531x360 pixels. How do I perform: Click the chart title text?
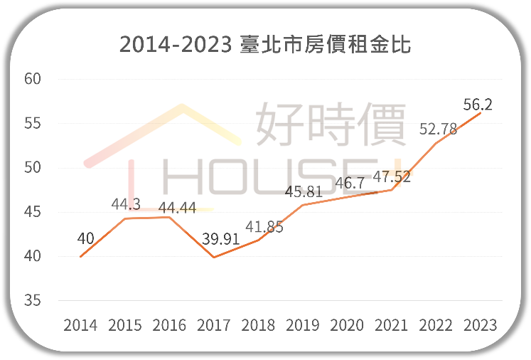pyautogui.click(x=265, y=44)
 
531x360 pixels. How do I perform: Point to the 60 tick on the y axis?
pyautogui.click(x=33, y=79)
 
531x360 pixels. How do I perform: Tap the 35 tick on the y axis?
pyautogui.click(x=33, y=300)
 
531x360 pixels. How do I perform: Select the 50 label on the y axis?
pyautogui.click(x=33, y=167)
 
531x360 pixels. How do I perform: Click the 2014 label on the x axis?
pyautogui.click(x=80, y=325)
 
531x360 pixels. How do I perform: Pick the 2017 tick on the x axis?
pyautogui.click(x=214, y=325)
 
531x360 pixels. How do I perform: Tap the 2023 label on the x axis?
pyautogui.click(x=481, y=325)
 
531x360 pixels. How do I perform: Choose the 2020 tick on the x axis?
pyautogui.click(x=347, y=325)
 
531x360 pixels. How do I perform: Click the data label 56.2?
pyautogui.click(x=478, y=105)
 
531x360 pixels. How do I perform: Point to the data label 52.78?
pyautogui.click(x=438, y=129)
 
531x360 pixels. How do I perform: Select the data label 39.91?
pyautogui.click(x=221, y=239)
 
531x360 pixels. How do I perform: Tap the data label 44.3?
pyautogui.click(x=126, y=204)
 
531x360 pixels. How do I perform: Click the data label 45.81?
pyautogui.click(x=304, y=191)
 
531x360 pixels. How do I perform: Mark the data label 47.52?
pyautogui.click(x=392, y=176)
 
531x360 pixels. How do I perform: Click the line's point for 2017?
pyautogui.click(x=214, y=258)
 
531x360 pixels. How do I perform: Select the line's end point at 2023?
pyautogui.click(x=481, y=112)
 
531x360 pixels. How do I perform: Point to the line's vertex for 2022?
pyautogui.click(x=436, y=143)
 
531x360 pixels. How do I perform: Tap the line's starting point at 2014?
pyautogui.click(x=80, y=257)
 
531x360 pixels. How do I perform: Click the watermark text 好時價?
pyautogui.click(x=331, y=124)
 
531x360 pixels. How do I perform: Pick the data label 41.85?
pyautogui.click(x=264, y=226)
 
